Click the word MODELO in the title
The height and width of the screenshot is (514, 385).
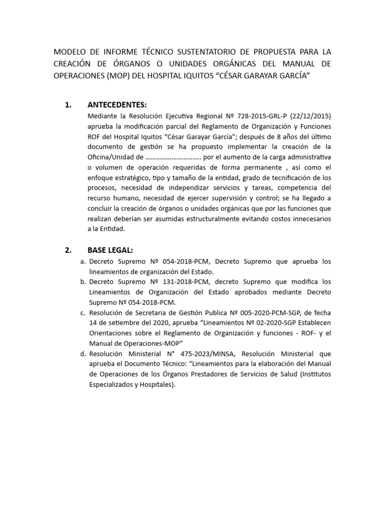(x=70, y=52)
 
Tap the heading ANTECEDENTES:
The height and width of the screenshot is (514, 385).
(x=117, y=105)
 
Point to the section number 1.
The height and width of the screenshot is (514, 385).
(x=69, y=105)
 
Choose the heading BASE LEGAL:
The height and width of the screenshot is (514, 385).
(x=110, y=250)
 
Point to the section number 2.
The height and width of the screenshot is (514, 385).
(x=69, y=250)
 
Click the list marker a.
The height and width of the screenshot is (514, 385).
(x=82, y=262)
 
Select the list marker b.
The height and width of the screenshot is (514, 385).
(x=82, y=282)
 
